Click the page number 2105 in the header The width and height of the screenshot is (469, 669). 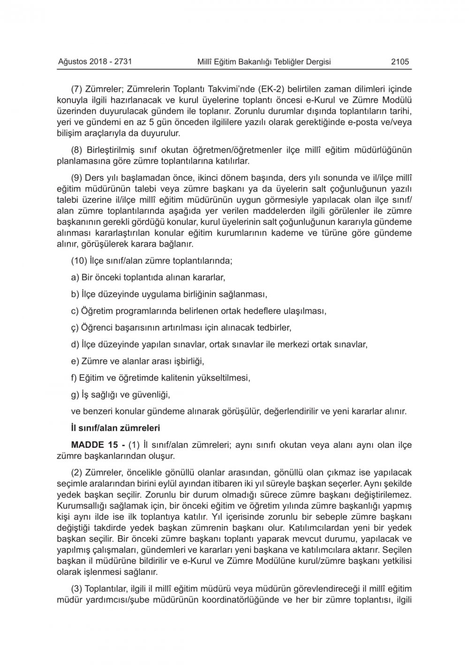click(x=400, y=62)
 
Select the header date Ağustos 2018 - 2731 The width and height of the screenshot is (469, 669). click(x=94, y=62)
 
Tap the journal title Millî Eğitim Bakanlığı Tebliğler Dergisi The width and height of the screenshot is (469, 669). click(x=264, y=62)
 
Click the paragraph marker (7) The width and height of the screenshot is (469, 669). click(x=76, y=88)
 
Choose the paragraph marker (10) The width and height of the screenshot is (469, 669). click(x=79, y=260)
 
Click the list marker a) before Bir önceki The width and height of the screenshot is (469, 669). click(x=75, y=277)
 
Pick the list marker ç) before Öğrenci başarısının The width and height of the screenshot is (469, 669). click(x=75, y=327)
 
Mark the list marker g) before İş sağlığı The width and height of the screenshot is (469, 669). click(x=75, y=394)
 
